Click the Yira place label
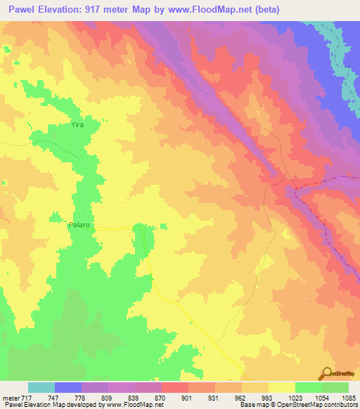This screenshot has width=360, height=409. coord(77,124)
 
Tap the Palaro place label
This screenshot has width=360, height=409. coord(79,226)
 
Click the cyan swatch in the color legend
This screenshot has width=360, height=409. coord(41,387)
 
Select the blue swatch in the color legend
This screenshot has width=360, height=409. coord(68,387)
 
